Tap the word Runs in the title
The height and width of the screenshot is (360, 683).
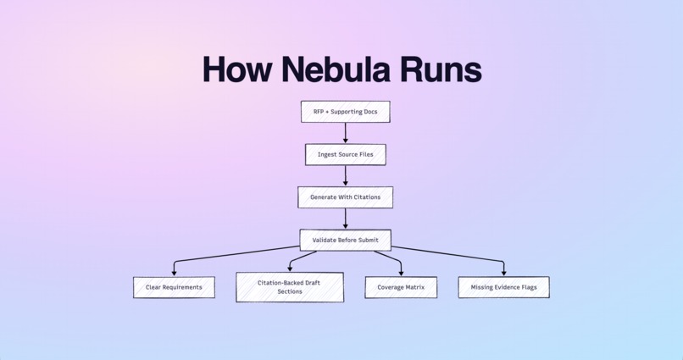[441, 69]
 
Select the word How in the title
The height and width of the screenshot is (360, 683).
[240, 69]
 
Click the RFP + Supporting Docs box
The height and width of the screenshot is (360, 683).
[345, 111]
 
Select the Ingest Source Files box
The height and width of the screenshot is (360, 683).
[345, 154]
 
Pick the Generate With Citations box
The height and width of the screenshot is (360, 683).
[345, 197]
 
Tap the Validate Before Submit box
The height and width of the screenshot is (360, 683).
[345, 240]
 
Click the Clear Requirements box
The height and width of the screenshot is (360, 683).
[174, 287]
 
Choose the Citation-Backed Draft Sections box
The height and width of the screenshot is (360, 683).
[290, 287]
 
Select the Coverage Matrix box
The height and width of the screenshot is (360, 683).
[401, 287]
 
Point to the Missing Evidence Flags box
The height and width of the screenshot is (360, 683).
[503, 287]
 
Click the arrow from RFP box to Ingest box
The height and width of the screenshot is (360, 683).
[346, 133]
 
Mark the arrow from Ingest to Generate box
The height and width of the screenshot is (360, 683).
[346, 175]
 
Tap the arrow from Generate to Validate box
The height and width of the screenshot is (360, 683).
[346, 219]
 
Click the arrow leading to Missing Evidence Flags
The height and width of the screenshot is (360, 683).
[458, 256]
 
